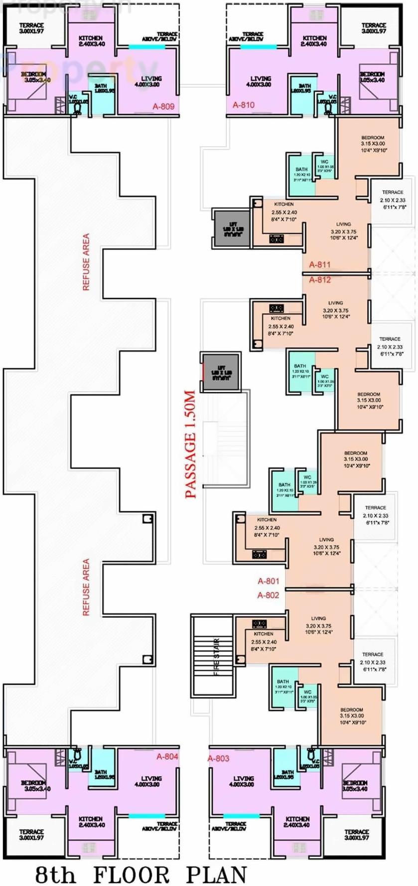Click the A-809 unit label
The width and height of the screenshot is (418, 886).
coord(163,106)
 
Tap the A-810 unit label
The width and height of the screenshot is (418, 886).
coord(244,105)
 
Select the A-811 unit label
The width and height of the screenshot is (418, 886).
coord(319,265)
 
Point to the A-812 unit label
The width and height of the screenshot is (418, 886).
coord(319,280)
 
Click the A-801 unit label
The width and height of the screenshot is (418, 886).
coord(268,581)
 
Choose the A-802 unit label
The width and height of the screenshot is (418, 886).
coord(268,595)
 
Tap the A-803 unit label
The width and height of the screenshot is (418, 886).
coord(218,758)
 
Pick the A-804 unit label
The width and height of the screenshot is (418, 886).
coord(167,756)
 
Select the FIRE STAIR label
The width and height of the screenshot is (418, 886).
coord(217,657)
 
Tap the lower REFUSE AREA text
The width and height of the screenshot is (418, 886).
coord(86,587)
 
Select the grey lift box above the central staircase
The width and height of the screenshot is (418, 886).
coord(220,372)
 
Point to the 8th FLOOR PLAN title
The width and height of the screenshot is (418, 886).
coord(141,875)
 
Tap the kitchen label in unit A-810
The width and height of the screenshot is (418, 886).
coord(314,40)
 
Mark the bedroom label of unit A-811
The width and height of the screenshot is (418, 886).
coord(373,144)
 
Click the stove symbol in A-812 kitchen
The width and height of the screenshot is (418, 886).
coord(277,308)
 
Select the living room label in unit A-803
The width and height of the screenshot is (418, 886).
coord(243,781)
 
